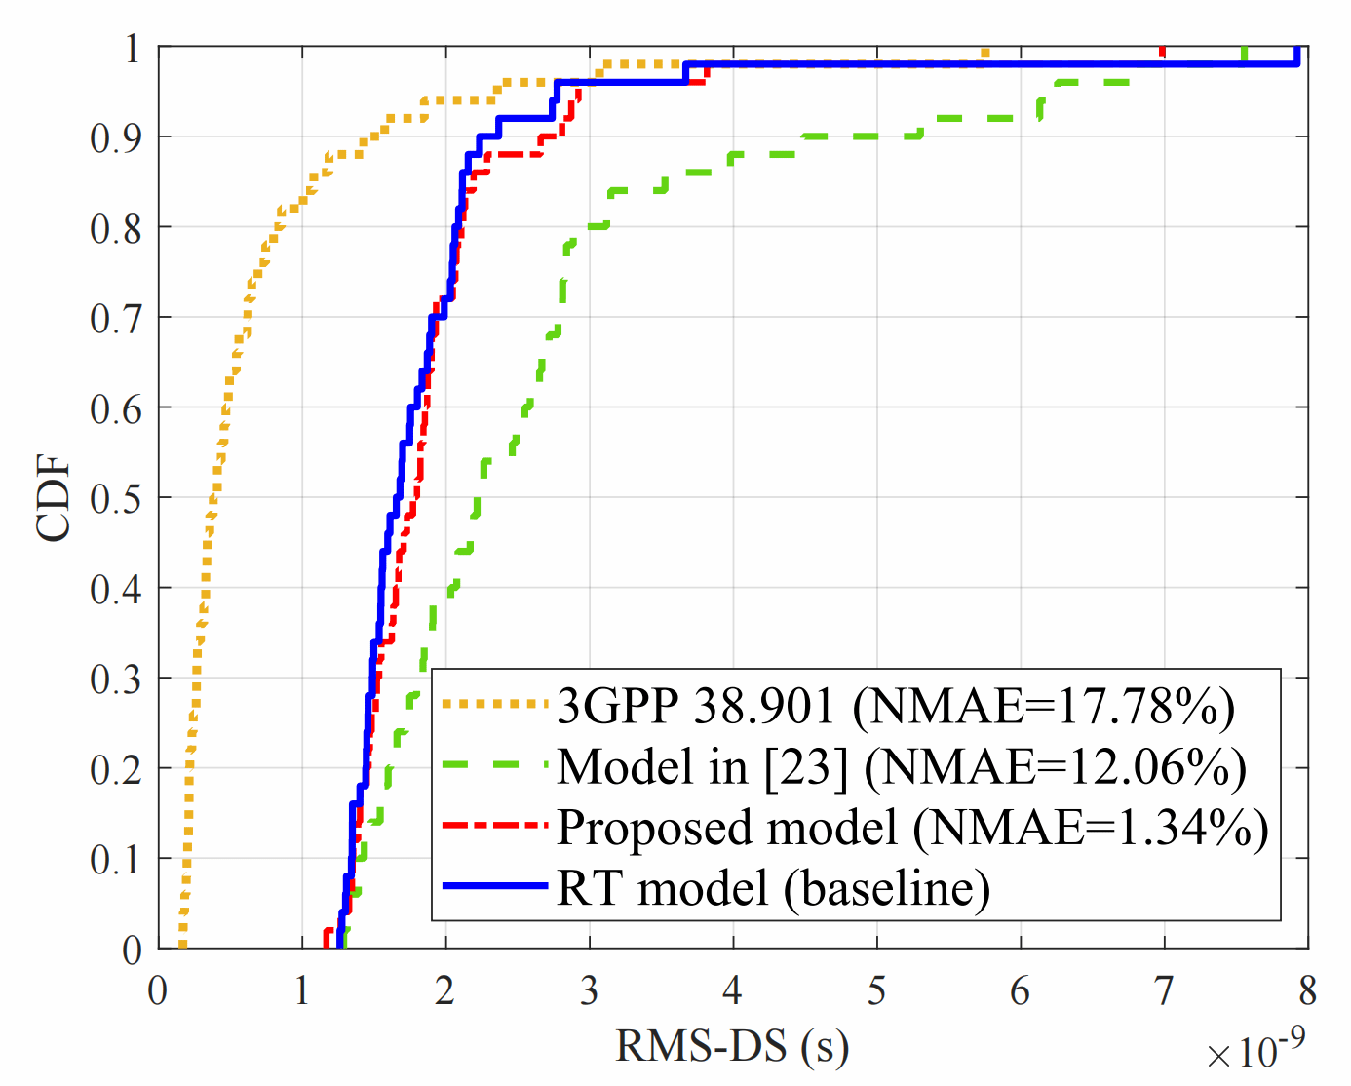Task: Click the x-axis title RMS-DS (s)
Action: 732,1046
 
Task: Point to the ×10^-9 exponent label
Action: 1255,1050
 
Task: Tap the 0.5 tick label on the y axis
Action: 116,498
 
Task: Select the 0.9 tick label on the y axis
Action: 116,137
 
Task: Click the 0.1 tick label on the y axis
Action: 116,859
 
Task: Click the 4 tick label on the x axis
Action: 733,990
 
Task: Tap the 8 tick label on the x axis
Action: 1308,990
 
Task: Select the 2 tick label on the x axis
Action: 445,990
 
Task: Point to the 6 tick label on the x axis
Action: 1021,990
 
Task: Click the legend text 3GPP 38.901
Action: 696,705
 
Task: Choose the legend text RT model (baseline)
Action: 773,887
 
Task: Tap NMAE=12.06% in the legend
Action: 1056,766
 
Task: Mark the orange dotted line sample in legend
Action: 495,704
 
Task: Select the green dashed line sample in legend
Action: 495,765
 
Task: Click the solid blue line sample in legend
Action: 495,886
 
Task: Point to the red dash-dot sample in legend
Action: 495,826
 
